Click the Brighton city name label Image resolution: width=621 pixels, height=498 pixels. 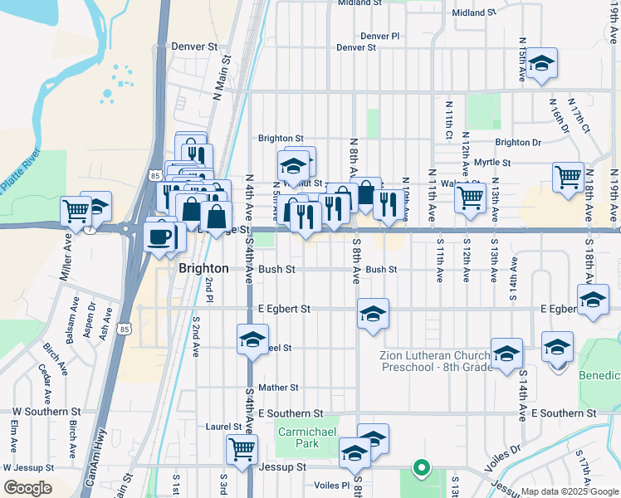203,269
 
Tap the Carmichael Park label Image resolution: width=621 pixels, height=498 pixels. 296,437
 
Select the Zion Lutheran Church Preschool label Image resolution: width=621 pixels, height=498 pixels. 436,362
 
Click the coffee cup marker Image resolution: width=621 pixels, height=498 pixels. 160,237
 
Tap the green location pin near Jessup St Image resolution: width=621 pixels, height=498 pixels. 421,467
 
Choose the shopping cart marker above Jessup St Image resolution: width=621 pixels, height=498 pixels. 242,449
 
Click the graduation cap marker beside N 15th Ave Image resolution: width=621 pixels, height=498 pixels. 541,64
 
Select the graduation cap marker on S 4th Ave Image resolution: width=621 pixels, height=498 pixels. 252,340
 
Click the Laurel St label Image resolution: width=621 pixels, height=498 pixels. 223,427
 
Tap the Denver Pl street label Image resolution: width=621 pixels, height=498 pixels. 380,37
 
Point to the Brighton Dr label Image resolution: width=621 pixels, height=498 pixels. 518,143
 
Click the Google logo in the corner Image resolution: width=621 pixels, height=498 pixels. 27,488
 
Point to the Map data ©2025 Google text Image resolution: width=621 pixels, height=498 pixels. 569,491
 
